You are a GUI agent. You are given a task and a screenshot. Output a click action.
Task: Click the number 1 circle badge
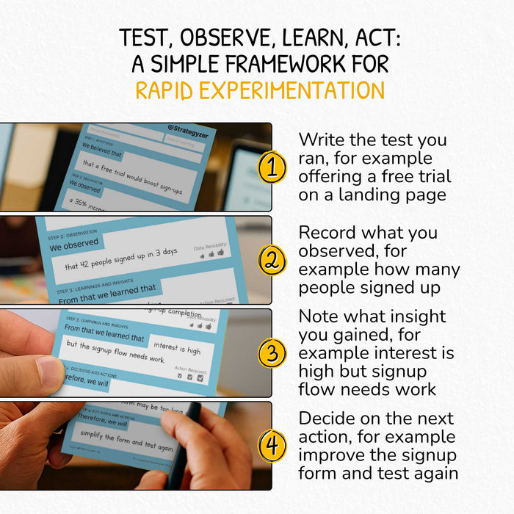[272, 168]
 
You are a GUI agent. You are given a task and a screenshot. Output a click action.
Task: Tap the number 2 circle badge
[272, 260]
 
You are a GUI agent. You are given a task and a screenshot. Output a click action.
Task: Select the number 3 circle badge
[272, 353]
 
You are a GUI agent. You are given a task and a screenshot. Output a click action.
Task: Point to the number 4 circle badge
[272, 446]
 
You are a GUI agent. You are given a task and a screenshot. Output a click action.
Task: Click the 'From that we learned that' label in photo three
[105, 338]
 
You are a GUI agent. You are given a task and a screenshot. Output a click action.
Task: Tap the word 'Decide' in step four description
[327, 419]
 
